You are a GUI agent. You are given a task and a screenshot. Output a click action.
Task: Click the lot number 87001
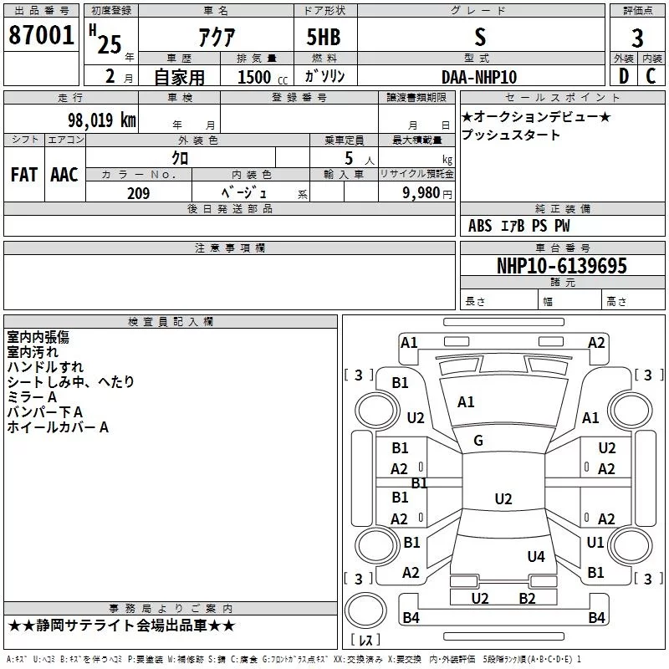41,36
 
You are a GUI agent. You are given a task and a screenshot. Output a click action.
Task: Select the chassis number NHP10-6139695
561,266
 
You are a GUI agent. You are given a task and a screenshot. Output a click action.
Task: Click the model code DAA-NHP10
479,77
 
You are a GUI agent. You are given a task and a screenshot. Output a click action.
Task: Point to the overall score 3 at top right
637,38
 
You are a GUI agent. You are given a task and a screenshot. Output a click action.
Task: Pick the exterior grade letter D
623,77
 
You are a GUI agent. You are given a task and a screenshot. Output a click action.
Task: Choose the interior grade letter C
651,77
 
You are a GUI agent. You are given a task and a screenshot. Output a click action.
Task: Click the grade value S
479,37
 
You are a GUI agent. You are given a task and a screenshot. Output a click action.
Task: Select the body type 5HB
324,38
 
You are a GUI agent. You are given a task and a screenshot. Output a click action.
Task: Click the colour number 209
138,193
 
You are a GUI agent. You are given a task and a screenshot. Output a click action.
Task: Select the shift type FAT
23,175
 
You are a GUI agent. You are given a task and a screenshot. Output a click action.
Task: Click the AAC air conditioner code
64,175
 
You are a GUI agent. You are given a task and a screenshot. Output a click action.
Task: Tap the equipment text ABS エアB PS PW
518,226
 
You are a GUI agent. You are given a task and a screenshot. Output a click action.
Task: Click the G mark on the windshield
478,441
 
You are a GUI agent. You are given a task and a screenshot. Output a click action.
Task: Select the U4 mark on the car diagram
536,556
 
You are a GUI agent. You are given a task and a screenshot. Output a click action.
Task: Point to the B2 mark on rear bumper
527,598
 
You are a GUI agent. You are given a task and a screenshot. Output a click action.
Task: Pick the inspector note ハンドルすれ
45,367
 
